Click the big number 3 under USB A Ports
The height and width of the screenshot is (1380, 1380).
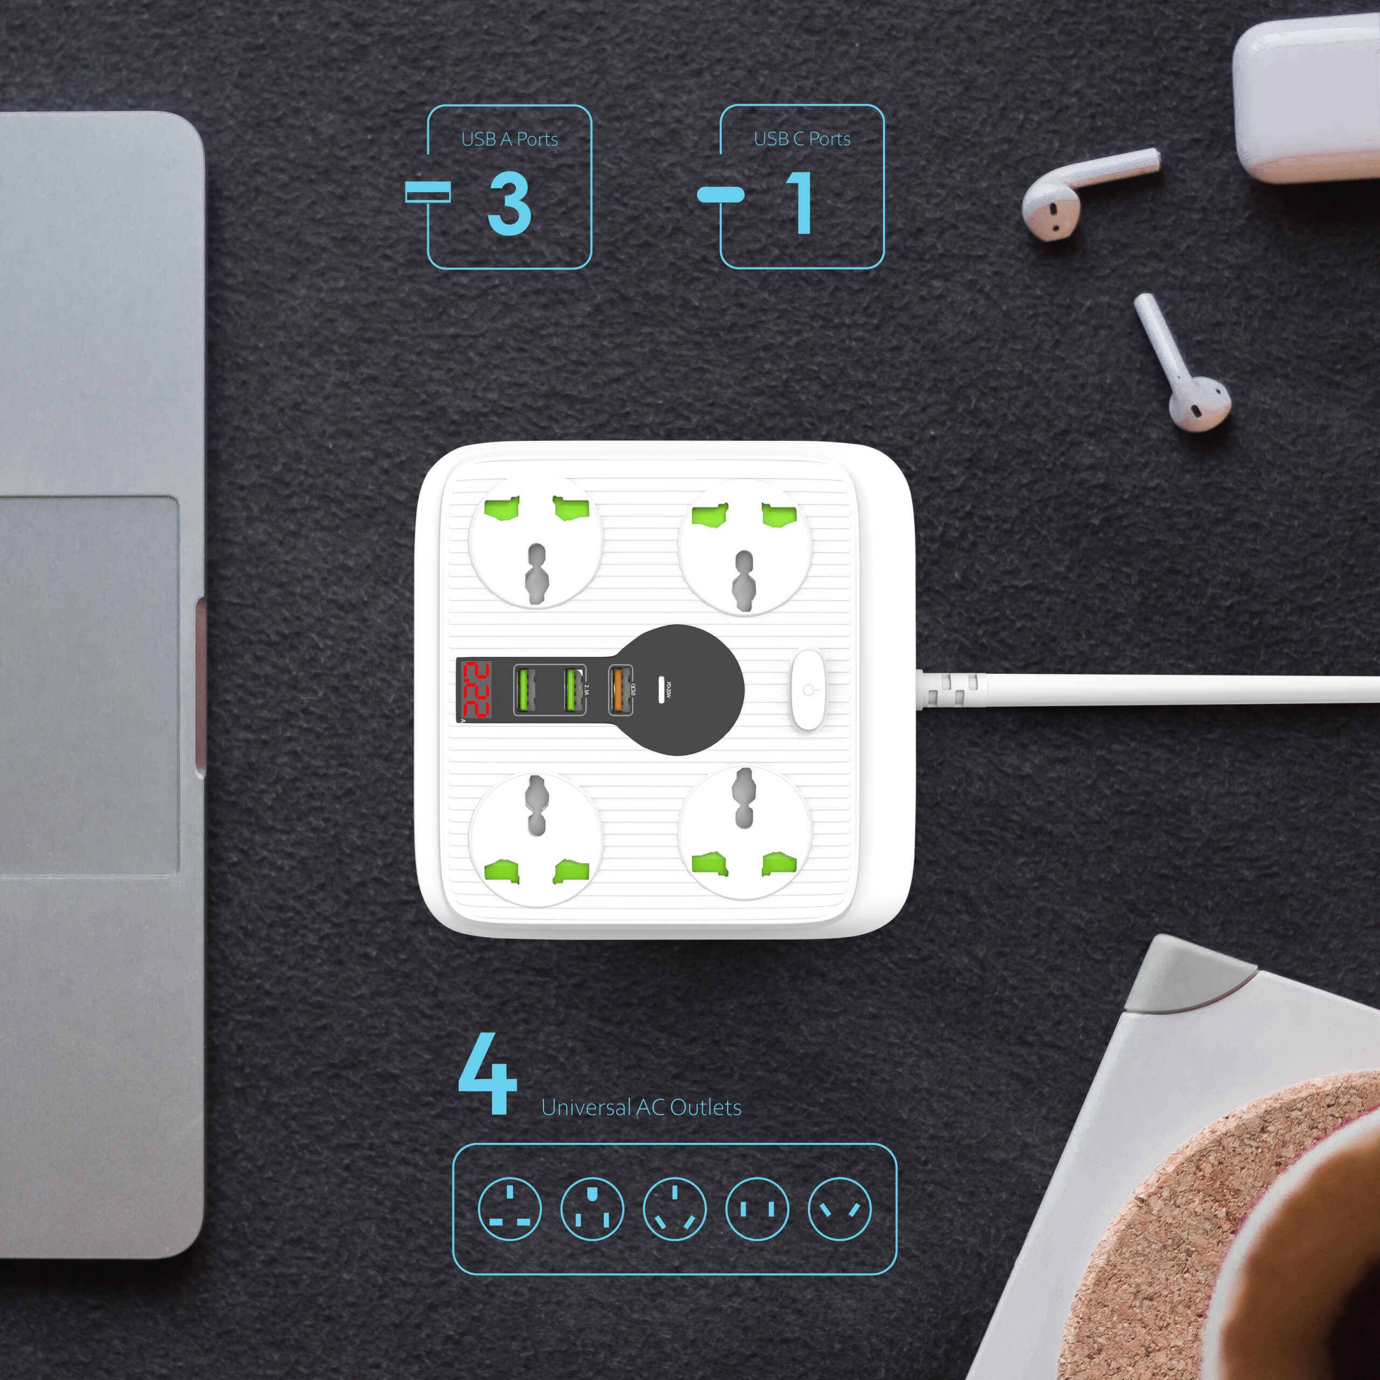(509, 204)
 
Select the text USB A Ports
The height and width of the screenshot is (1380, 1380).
(509, 139)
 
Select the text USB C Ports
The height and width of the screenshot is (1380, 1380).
(802, 139)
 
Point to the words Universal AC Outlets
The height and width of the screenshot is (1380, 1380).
(641, 1107)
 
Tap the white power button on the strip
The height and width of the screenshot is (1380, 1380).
(808, 690)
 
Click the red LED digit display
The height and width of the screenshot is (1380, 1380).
(475, 690)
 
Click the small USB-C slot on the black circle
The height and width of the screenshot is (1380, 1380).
(661, 690)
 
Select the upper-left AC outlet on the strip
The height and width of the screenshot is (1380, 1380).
(536, 540)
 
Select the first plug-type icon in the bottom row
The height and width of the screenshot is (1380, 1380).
(509, 1209)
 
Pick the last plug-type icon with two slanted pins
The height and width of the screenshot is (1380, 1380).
(839, 1209)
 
